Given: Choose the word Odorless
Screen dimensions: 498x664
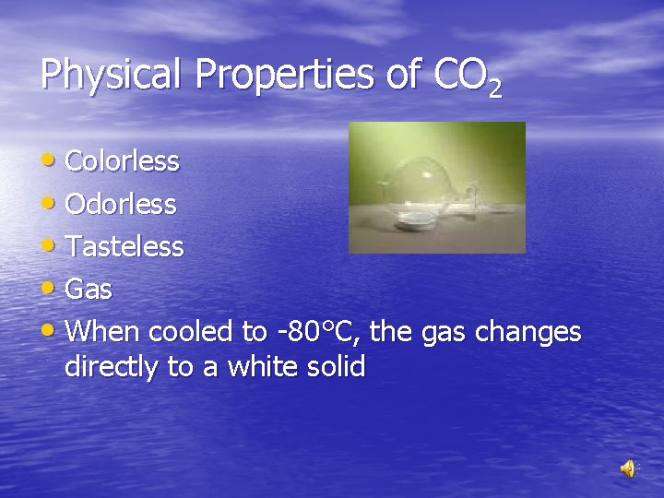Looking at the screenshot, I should pyautogui.click(x=121, y=205).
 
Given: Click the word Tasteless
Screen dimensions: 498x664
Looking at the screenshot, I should pyautogui.click(x=125, y=247).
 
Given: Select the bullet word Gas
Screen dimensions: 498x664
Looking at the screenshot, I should pyautogui.click(x=89, y=290).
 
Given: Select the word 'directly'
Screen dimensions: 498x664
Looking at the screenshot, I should pyautogui.click(x=112, y=367).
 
